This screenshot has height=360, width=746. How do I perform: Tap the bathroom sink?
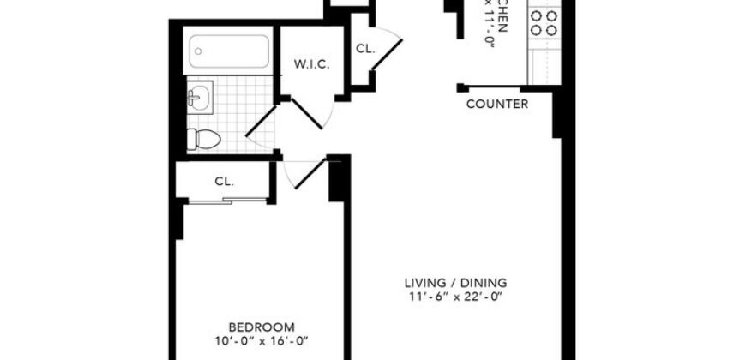click(x=198, y=99)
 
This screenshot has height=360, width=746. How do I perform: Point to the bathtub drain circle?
click(x=199, y=51)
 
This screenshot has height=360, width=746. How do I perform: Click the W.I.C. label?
click(x=312, y=65)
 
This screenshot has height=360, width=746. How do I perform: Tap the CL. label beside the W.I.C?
click(x=365, y=49)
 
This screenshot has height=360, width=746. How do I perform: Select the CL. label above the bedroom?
click(x=225, y=181)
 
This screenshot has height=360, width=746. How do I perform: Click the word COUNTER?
click(x=496, y=105)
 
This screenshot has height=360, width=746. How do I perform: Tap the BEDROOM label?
click(x=262, y=327)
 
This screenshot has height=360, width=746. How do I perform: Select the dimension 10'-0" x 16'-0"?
click(x=262, y=341)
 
